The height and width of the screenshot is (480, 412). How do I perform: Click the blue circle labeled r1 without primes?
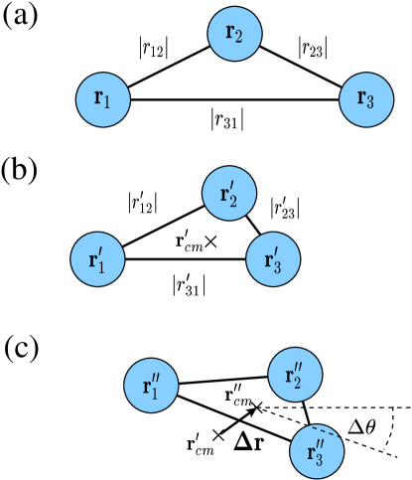point(103,99)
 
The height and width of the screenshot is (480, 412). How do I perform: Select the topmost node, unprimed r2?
point(234,34)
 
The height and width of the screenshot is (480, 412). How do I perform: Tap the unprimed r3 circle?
point(366,99)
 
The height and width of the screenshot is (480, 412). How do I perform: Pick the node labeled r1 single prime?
point(97,260)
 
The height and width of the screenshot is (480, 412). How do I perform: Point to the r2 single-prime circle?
point(229,193)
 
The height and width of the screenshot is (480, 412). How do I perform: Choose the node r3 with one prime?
point(273,260)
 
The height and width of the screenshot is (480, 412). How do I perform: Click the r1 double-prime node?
point(151,386)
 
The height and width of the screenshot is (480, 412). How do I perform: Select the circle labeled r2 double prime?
point(295,375)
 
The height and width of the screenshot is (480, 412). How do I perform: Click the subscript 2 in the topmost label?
point(240,37)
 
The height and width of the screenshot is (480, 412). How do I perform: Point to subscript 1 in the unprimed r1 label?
point(108,102)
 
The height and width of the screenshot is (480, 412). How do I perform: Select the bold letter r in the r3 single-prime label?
point(268,261)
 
